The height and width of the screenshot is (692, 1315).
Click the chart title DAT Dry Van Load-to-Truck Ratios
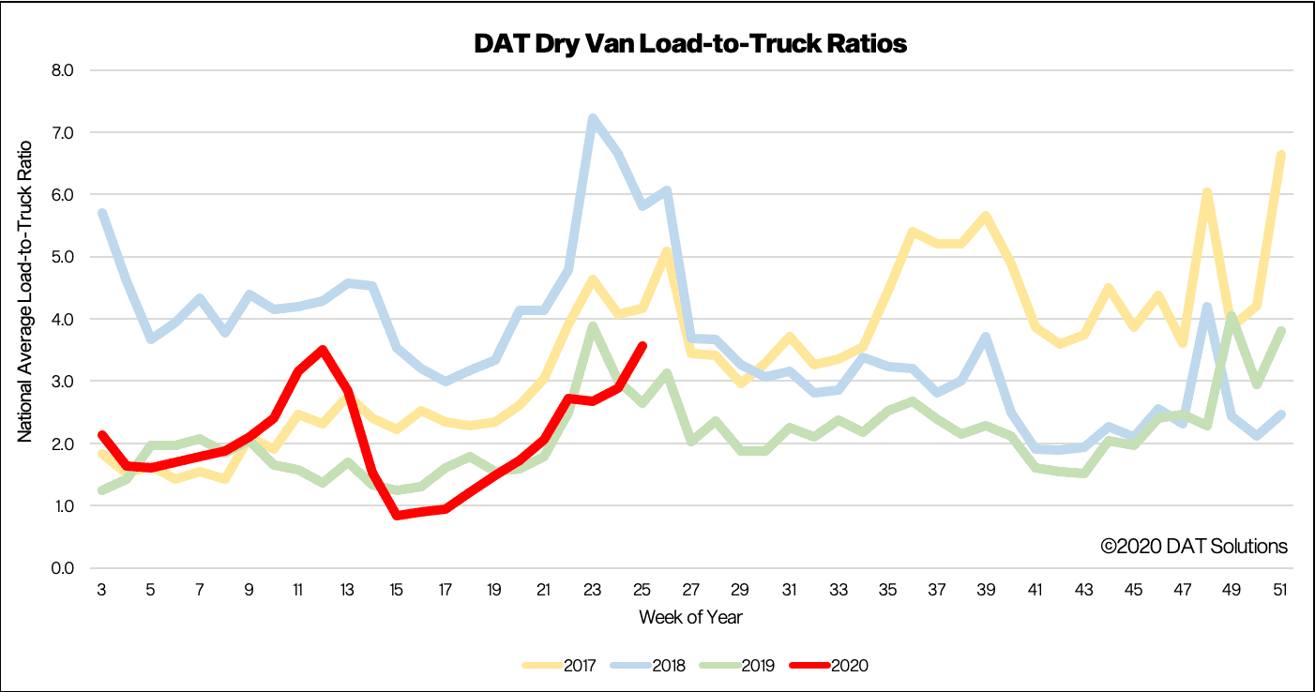690,44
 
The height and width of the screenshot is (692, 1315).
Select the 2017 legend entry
559,666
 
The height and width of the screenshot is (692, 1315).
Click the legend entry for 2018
648,666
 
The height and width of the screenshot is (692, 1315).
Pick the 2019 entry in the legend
737,666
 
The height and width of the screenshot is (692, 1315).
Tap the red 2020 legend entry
829,666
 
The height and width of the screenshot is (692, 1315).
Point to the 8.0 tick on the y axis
63,70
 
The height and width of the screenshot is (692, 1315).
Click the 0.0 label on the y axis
63,568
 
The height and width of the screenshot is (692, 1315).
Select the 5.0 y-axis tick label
63,257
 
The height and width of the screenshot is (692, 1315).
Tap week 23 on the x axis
593,589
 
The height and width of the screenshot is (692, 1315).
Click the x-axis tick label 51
1280,589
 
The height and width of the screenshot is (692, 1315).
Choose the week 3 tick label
101,589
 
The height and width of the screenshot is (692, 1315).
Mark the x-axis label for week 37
937,589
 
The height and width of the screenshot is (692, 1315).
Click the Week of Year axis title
690,618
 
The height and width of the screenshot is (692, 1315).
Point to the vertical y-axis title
24,292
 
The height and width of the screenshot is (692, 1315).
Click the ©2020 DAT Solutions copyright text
1194,547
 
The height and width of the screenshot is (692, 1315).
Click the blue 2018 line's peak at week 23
593,118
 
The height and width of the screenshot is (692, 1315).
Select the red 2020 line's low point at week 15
397,516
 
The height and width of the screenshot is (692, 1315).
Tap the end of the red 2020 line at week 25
642,346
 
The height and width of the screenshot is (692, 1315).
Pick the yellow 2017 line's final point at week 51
1281,156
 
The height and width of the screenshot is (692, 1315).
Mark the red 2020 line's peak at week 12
323,351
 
